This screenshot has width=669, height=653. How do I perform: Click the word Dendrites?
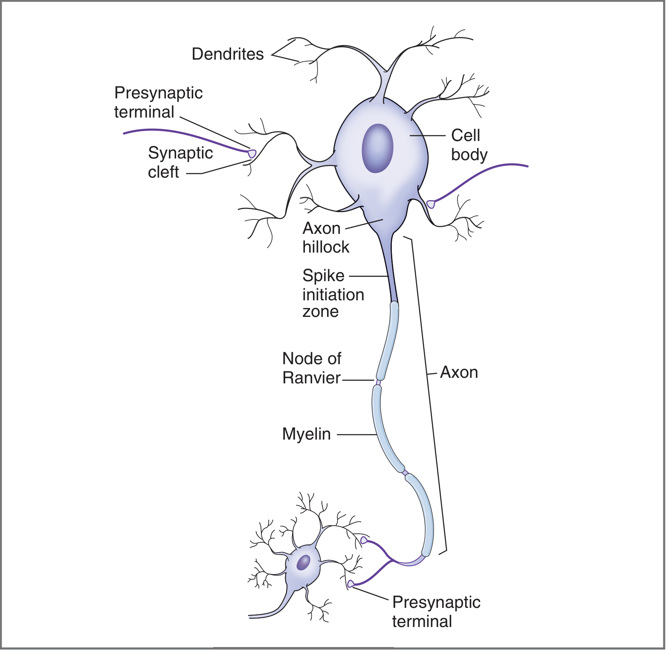point(228,54)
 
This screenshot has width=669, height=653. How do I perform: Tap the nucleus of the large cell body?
point(377,148)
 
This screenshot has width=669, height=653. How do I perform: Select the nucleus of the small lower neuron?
point(304,562)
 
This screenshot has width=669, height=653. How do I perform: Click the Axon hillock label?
point(325,238)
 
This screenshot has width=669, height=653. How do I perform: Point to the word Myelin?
point(306,434)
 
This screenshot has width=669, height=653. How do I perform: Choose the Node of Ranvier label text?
point(311,368)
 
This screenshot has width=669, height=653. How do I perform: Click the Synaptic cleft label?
point(180,162)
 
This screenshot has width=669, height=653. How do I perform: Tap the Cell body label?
point(468,145)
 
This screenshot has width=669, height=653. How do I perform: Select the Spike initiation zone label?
point(333,293)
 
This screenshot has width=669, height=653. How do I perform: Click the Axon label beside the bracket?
point(459,372)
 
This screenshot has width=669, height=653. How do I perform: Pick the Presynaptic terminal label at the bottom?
point(436,612)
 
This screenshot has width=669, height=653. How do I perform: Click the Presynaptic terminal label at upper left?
point(158,102)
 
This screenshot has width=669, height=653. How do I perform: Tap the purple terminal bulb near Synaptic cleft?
point(252,153)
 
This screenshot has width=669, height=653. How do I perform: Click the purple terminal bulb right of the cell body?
point(431,204)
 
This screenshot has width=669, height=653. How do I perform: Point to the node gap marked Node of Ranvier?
point(378,382)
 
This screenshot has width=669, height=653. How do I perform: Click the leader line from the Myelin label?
point(356,435)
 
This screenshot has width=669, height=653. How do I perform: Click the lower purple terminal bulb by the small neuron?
point(350,584)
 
